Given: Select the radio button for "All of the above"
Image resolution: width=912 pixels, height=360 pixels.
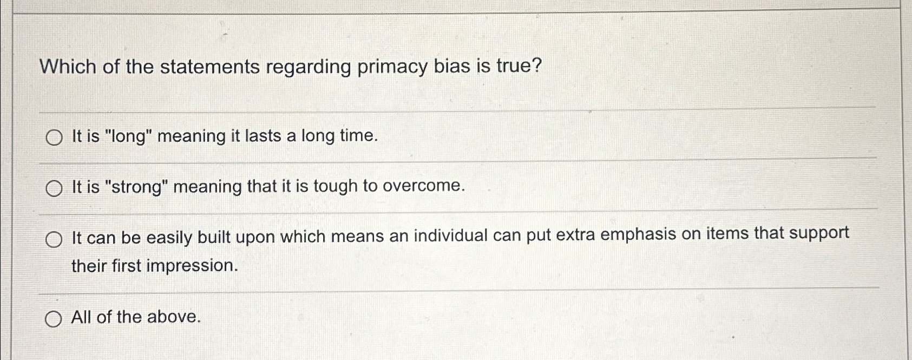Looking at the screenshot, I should pos(53,320).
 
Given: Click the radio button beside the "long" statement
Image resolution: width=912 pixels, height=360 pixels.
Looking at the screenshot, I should pos(54,139).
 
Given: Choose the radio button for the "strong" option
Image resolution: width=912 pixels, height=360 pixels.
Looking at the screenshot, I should pos(54,189).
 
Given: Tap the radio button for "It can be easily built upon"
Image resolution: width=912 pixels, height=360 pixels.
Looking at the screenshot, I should pos(54,239).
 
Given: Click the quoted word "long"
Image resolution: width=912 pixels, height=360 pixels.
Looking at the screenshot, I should pos(129,136).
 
